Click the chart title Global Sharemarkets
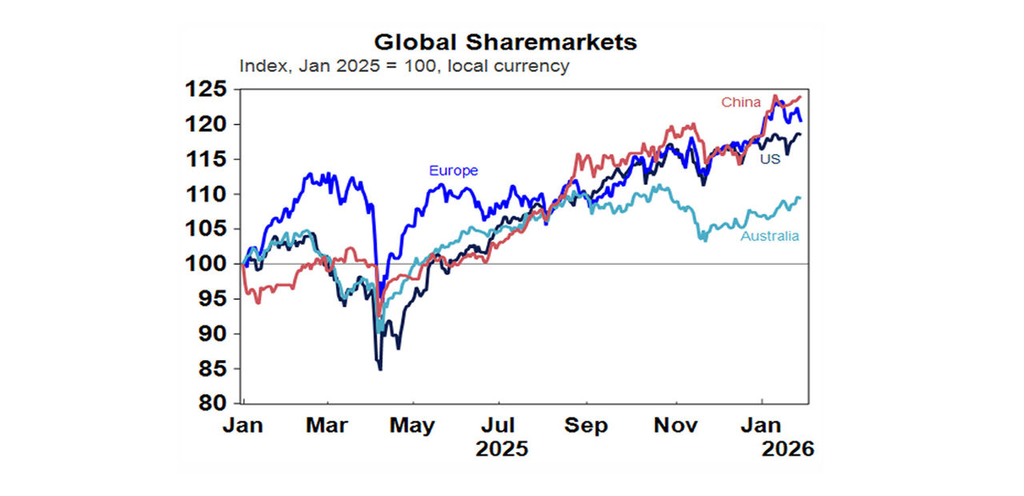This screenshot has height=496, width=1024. [x=506, y=42]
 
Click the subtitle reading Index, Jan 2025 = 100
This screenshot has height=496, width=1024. [x=404, y=66]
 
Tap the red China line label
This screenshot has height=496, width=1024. [x=741, y=102]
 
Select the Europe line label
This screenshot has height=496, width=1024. [x=453, y=170]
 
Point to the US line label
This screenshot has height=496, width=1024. [x=770, y=159]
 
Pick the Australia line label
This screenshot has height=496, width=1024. [x=769, y=236]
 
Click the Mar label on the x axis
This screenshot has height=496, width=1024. [x=326, y=426]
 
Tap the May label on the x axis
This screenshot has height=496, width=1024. [x=412, y=426]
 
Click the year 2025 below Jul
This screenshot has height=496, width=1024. [x=502, y=449]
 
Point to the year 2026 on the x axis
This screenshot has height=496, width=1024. [x=787, y=449]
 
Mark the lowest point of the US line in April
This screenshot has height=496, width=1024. [x=380, y=369]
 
